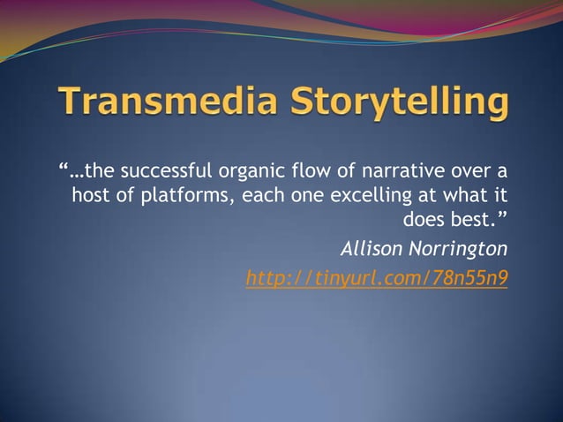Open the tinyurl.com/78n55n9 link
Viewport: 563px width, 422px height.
[377, 279]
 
